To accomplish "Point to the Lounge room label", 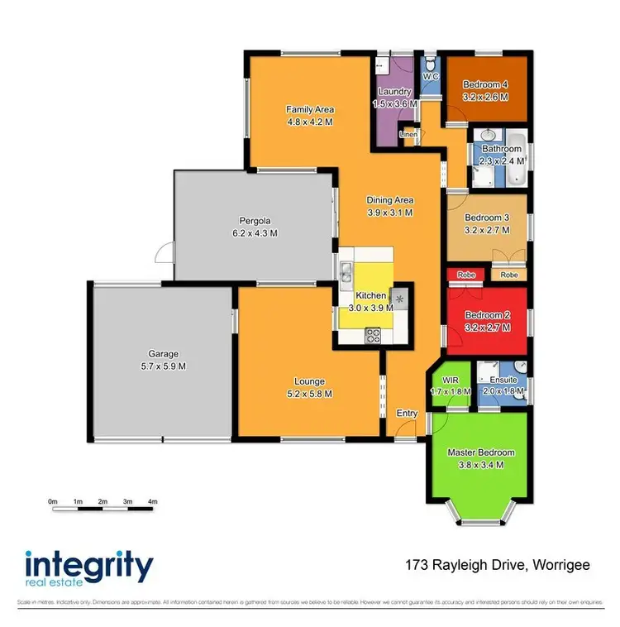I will click(309, 381).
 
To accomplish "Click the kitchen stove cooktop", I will click(373, 335).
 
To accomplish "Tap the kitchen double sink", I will click(346, 271).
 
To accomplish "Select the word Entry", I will click(407, 414).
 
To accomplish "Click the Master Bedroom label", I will click(480, 452).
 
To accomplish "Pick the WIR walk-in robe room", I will click(451, 385).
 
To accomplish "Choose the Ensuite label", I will click(503, 381).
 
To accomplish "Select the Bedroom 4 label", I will click(485, 84).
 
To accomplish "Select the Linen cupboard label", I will click(408, 133).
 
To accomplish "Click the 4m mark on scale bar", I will click(152, 501).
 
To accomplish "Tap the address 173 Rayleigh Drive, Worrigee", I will click(497, 566).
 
